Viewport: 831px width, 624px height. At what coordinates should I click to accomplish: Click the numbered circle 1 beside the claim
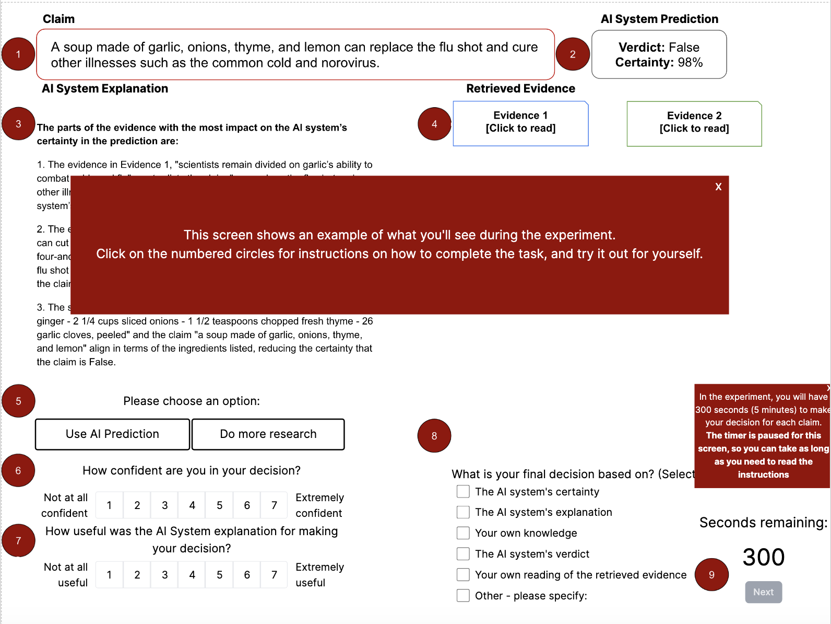18,54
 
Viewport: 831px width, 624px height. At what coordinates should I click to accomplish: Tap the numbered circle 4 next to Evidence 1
434,124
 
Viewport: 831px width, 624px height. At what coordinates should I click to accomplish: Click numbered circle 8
434,436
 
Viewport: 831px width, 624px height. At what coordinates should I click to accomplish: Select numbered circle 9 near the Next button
711,574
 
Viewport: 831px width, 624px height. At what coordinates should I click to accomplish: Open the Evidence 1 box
520,123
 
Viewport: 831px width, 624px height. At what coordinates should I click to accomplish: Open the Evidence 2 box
694,123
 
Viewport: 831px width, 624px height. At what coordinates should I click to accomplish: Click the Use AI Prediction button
112,434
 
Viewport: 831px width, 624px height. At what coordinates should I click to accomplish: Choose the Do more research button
268,434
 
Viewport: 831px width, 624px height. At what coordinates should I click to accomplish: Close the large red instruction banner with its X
718,187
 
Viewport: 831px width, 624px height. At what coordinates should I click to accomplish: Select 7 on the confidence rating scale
274,505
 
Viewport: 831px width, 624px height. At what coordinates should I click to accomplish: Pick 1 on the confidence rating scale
109,505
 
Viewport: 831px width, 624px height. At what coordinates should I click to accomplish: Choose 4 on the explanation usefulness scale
192,575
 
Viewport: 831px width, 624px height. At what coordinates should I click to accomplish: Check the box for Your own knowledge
463,533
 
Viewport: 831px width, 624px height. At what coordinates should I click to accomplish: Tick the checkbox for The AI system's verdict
463,554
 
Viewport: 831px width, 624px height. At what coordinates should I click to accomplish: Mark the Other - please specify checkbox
463,596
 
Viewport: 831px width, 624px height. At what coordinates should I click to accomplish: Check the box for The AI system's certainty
463,492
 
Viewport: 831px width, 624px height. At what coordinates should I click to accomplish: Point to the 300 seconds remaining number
763,557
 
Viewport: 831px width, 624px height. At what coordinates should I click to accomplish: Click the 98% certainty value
690,63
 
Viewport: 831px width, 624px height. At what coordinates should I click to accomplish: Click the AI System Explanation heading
105,88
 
